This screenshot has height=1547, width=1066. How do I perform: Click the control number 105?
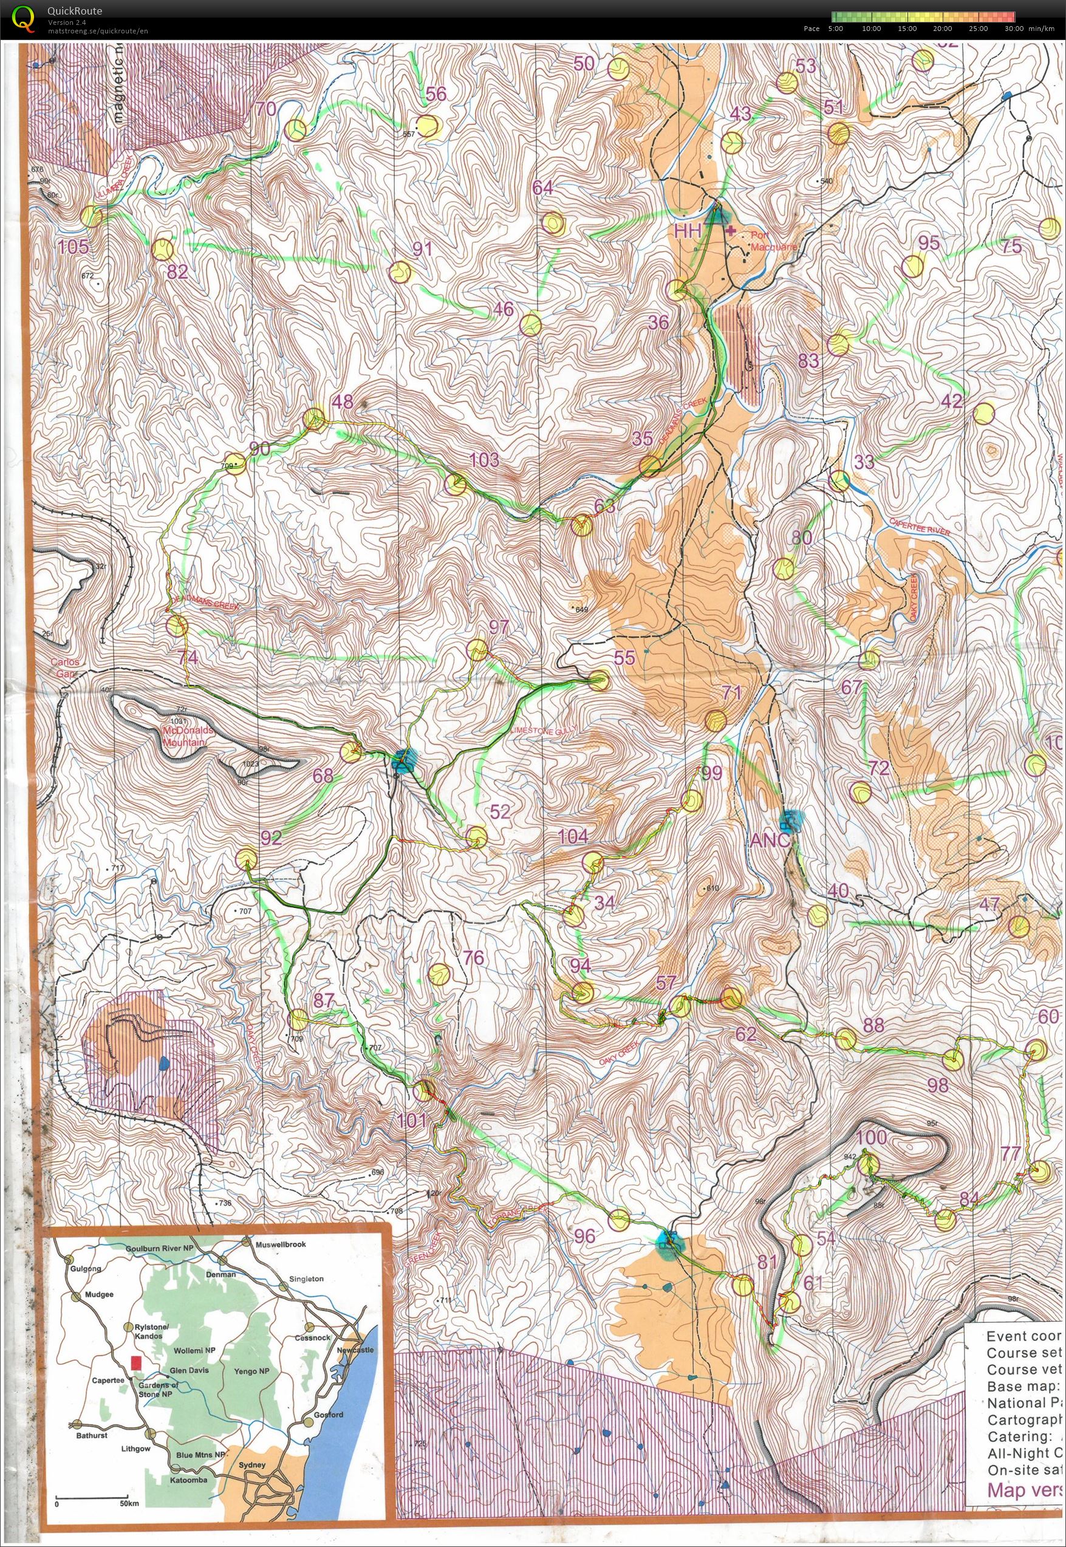click(x=73, y=247)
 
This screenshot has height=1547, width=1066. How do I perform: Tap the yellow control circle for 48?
click(x=313, y=420)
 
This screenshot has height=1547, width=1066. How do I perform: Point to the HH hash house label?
click(x=688, y=232)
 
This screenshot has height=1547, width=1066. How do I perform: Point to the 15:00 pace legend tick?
click(x=907, y=29)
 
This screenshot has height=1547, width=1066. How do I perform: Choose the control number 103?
click(x=484, y=460)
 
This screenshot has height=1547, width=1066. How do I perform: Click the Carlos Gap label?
click(x=64, y=668)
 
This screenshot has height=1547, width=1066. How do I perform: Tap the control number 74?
click(x=188, y=657)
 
